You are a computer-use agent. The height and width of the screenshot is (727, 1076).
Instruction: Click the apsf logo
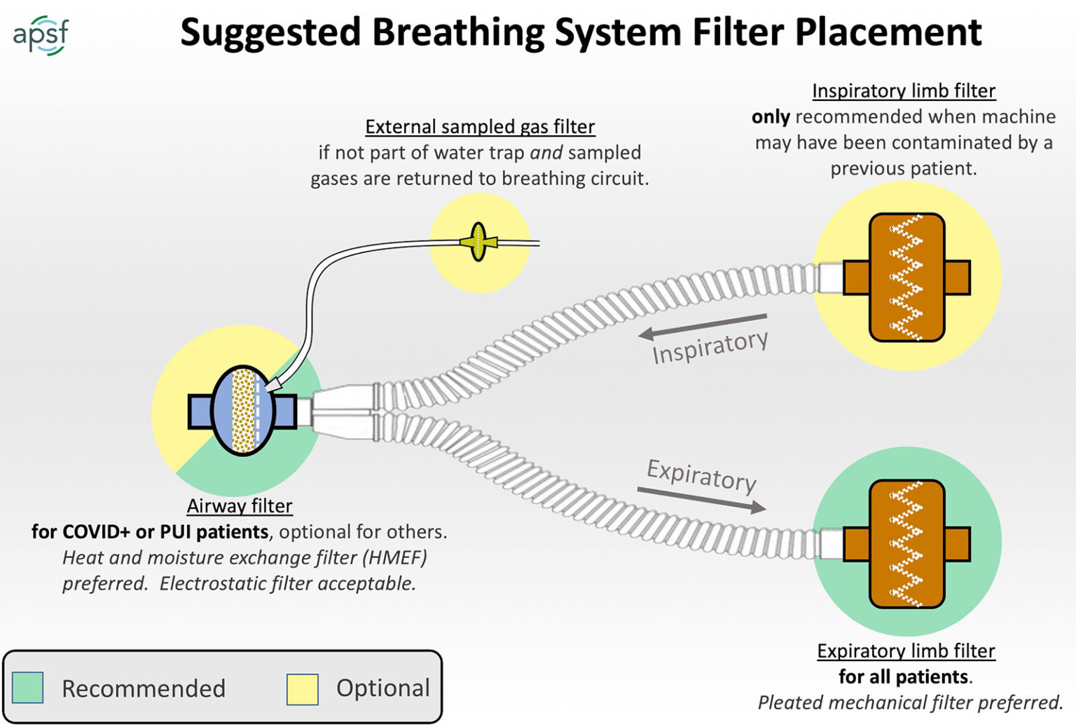coord(41,34)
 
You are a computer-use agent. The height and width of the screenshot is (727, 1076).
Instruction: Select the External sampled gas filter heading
coord(480,127)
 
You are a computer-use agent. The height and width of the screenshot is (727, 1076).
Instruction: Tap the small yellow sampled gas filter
coord(478,242)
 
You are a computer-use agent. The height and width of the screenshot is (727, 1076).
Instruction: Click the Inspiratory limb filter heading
coord(904,91)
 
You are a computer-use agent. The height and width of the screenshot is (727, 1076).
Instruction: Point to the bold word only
coord(771,117)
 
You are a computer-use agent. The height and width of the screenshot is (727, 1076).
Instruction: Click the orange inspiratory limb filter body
coord(906,278)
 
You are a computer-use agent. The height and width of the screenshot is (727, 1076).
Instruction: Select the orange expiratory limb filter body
coord(906,544)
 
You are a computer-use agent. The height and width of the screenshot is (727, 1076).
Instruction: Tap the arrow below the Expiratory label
coord(701,498)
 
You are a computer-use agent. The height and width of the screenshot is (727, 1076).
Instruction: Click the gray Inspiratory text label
coord(710,346)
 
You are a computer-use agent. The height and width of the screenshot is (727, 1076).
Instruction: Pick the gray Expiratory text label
coord(701,475)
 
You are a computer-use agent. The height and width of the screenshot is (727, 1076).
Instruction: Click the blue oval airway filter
coord(242,411)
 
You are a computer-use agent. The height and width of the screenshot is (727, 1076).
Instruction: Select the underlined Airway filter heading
coord(240,506)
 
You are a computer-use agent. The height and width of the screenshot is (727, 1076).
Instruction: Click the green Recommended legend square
coord(28,688)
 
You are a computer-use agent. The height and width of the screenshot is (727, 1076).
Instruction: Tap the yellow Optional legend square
coord(303,688)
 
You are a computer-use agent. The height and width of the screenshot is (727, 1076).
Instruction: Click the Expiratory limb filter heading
coord(906,651)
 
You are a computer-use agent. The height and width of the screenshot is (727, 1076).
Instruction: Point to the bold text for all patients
coord(904,677)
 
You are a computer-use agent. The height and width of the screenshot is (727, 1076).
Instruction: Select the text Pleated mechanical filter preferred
coord(910,703)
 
